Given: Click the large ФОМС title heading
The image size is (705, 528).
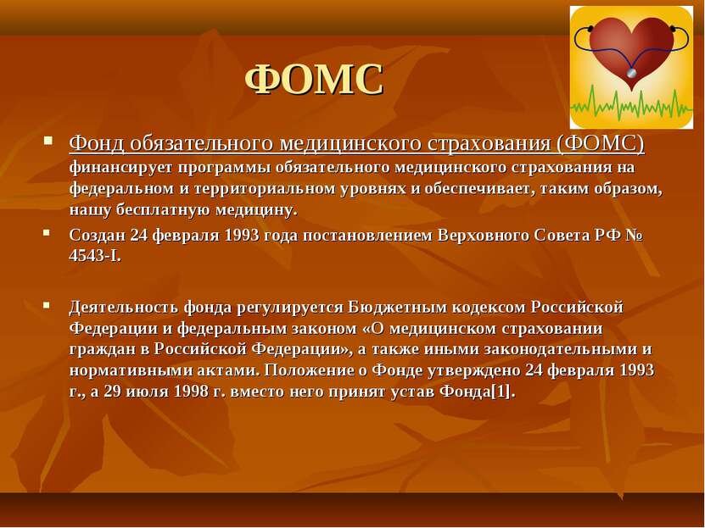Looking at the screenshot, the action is point(314,79).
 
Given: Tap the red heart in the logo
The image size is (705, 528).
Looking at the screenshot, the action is point(632,49).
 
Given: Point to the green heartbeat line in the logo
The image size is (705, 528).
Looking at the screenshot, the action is point(631,103).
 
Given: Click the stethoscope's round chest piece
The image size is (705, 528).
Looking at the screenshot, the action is point(632,72).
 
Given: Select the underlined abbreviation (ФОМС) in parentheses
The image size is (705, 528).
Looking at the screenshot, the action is point(601,144).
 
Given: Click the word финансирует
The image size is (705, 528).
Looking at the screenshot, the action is point(121,168).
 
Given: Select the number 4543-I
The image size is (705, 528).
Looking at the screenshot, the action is point(95,256).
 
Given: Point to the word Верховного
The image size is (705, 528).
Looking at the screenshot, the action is point(483,236).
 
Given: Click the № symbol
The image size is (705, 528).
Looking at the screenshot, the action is point(634,236).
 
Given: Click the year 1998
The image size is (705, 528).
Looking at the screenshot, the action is point(191,392).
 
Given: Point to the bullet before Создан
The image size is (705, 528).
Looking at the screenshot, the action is point(47,232).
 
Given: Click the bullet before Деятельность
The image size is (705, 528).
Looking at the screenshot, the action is point(47,305).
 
